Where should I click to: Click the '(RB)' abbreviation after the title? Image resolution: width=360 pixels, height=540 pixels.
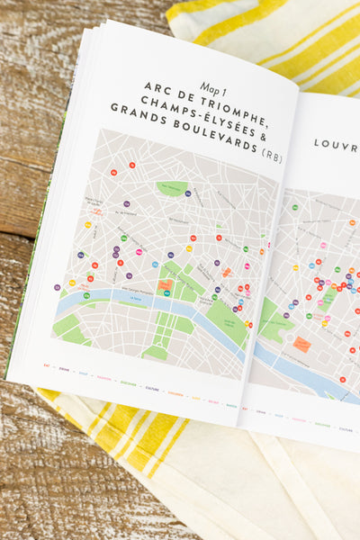point(271,156)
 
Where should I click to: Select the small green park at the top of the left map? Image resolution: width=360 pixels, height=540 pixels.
point(171,188)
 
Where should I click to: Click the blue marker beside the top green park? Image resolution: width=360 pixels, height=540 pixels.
point(188,193)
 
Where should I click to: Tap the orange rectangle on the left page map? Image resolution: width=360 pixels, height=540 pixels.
point(165,285)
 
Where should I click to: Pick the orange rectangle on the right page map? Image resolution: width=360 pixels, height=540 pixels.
point(301,345)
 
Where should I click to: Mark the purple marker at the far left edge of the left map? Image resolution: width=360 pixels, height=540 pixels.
point(58,287)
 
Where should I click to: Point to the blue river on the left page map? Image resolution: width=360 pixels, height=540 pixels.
point(135,301)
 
